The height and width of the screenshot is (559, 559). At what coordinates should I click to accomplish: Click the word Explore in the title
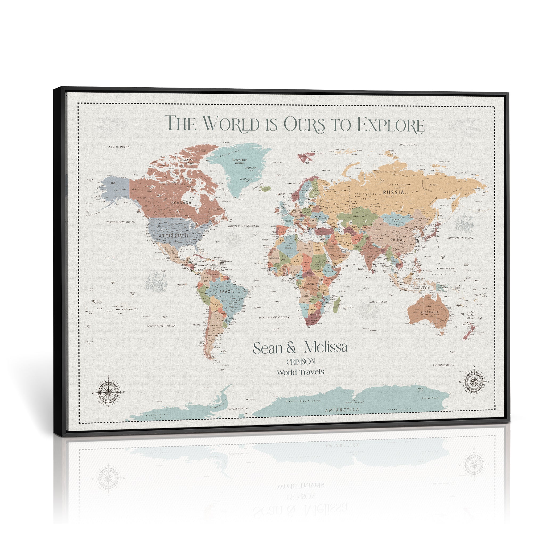(391, 125)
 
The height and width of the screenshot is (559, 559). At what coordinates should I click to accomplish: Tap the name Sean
(267, 348)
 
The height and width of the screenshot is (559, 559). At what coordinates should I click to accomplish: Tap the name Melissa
(326, 347)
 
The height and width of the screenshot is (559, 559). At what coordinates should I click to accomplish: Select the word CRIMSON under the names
(301, 362)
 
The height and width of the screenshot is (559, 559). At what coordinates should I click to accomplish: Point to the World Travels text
(300, 372)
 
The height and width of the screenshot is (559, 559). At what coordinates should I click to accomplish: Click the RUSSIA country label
(393, 192)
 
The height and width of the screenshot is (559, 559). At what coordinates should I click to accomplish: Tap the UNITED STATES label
(174, 236)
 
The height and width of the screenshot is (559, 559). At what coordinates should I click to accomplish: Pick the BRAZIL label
(227, 291)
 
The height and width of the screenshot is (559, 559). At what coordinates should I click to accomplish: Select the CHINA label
(396, 240)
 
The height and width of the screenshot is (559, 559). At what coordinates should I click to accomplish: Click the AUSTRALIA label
(429, 312)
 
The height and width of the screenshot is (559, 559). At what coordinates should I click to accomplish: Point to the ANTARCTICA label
(342, 410)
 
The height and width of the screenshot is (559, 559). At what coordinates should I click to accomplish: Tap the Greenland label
(240, 160)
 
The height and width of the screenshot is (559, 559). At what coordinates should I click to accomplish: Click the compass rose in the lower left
(108, 393)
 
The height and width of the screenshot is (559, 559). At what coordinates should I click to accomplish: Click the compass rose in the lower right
(474, 382)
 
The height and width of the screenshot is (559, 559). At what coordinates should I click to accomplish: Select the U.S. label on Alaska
(114, 183)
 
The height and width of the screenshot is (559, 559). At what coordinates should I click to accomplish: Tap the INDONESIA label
(421, 288)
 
